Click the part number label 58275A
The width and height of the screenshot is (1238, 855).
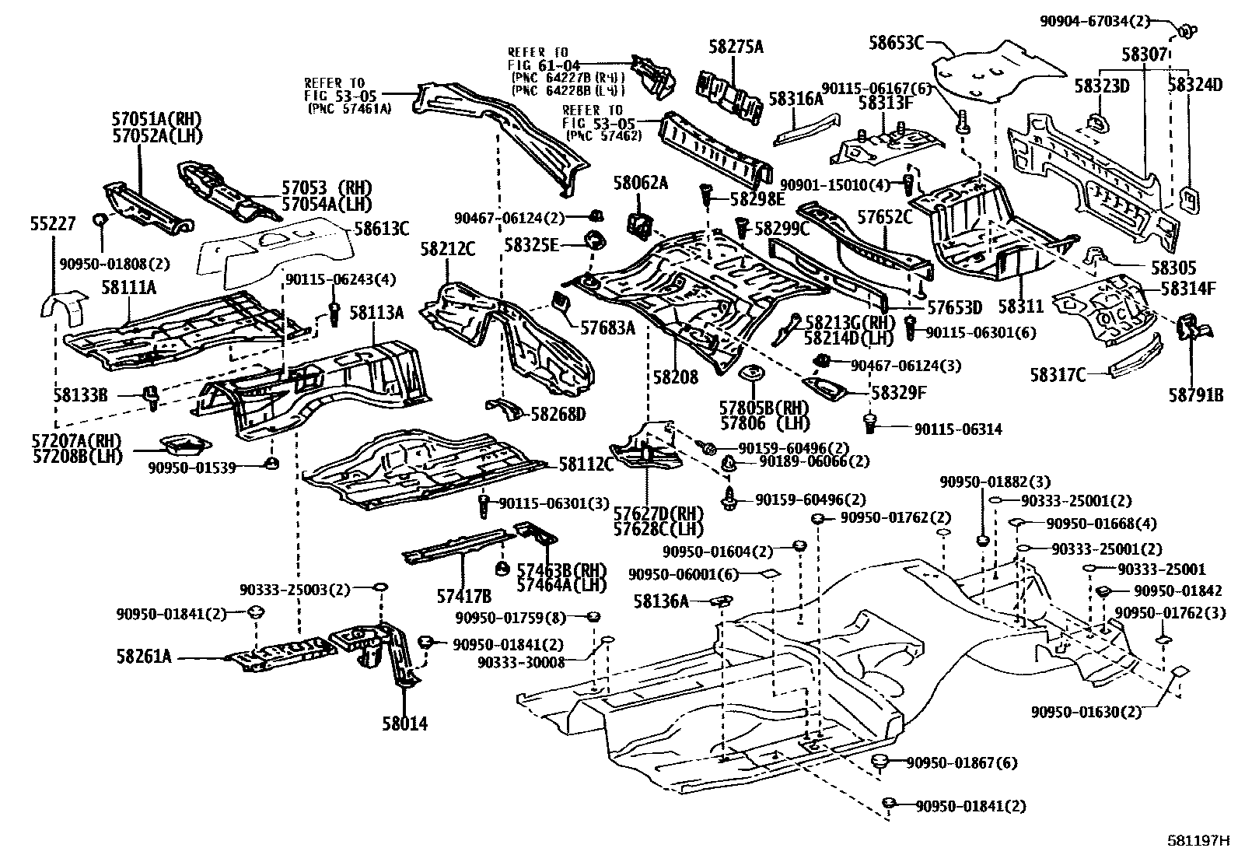coord(735,47)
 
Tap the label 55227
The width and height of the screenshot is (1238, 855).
coord(53,223)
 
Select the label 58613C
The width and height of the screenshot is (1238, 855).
coord(382,228)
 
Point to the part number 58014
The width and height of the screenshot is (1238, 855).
coord(404,724)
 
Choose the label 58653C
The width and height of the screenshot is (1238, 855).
coord(896,43)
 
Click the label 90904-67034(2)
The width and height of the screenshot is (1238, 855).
coord(1094,22)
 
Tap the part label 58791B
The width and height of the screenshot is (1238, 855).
coord(1195,394)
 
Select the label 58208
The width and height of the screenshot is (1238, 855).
coord(676,377)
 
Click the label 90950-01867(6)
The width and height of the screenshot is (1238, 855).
coord(961,763)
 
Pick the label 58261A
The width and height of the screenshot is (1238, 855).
coord(144,656)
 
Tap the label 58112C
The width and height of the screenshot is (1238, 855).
coord(586,465)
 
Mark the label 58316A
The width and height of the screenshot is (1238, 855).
coord(796,99)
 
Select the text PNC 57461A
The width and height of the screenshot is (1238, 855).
coord(350,108)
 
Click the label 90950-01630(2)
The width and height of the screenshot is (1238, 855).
coord(1086,711)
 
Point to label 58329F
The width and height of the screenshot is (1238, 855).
coord(898,393)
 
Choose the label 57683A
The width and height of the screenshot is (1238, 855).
coord(607,328)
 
